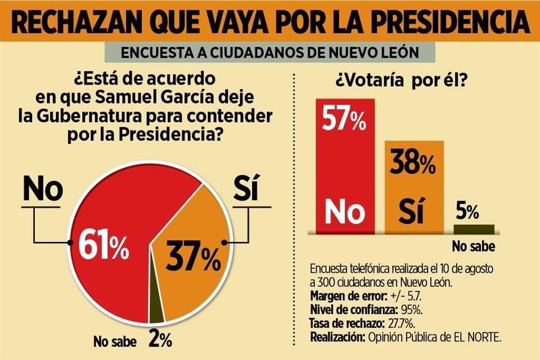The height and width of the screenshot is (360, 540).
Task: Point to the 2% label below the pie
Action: click(160, 340)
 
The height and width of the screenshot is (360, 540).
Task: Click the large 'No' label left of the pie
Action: click(43, 190)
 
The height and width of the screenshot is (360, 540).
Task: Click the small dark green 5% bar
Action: click(474, 229)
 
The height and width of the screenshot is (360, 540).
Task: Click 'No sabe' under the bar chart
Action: click(470, 246)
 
